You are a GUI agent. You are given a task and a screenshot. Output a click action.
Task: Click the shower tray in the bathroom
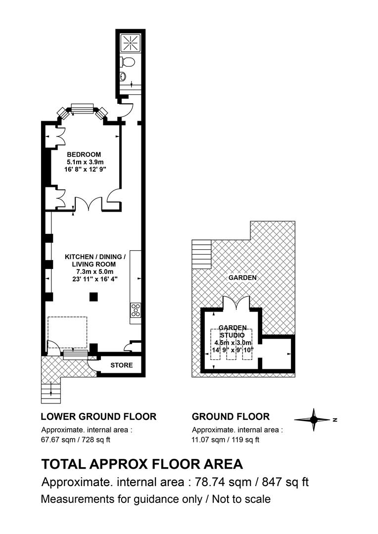(131, 43)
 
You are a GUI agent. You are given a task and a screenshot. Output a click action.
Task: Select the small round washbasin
(123, 76)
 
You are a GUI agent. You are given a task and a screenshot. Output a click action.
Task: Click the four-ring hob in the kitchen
(136, 310)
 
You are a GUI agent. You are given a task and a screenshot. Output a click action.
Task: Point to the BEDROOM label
(84, 154)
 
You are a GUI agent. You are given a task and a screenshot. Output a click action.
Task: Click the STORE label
(122, 365)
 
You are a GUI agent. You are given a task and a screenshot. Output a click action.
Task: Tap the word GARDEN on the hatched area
(242, 277)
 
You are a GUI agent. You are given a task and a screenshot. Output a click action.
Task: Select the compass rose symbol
(314, 420)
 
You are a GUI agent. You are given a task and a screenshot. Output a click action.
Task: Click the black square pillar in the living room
(94, 297)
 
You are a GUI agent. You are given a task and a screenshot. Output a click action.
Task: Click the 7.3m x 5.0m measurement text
(95, 272)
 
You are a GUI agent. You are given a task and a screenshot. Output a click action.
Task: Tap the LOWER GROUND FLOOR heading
(98, 416)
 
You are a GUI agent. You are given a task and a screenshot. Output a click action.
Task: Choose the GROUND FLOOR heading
(231, 416)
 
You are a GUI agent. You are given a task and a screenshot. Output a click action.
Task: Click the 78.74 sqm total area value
(223, 482)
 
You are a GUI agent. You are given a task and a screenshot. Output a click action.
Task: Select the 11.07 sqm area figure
(208, 440)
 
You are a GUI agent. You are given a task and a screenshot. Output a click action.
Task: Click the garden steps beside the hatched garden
(201, 255)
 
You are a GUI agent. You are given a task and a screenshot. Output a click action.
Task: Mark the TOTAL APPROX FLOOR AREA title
(142, 464)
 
